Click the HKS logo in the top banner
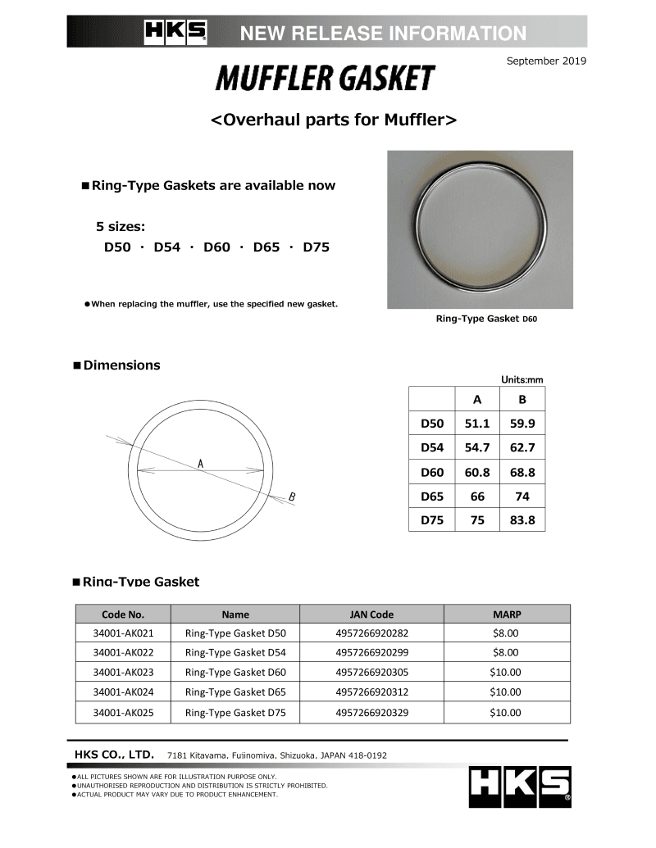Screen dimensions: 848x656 click(x=175, y=32)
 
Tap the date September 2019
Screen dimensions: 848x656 click(x=546, y=61)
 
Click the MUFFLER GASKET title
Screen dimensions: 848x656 click(x=325, y=79)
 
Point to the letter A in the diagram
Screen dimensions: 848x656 click(x=200, y=464)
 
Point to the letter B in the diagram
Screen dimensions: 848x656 click(x=292, y=497)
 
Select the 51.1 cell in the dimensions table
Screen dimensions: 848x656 click(x=477, y=424)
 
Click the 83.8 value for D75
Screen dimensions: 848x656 click(x=522, y=519)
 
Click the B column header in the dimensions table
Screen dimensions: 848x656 click(x=522, y=400)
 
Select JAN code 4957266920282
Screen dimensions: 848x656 click(x=371, y=633)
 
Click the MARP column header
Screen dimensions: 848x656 click(x=506, y=614)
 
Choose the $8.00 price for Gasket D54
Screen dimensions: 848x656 click(x=506, y=652)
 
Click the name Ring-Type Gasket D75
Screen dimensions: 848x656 click(x=235, y=712)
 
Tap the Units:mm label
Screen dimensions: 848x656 click(x=522, y=379)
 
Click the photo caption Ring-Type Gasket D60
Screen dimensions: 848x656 click(x=486, y=319)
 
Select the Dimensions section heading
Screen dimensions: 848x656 click(x=121, y=365)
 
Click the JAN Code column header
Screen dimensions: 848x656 click(x=371, y=614)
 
